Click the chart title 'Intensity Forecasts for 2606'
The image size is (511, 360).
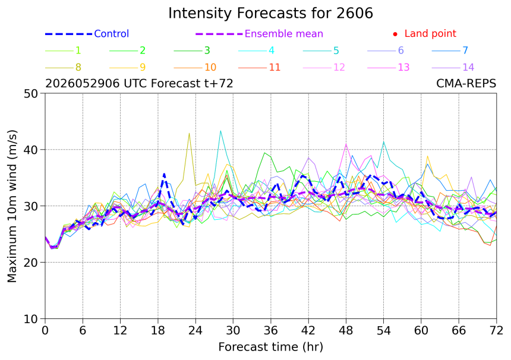(270, 14)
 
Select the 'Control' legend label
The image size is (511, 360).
(112, 33)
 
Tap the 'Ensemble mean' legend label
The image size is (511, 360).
(284, 33)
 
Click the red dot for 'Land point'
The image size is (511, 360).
(395, 34)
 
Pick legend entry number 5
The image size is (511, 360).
(336, 50)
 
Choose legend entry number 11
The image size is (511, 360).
(275, 68)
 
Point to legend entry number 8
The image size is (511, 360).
(78, 68)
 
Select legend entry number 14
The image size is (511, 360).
(468, 68)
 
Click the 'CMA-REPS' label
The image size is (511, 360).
(466, 84)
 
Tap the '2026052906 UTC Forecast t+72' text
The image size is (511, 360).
(139, 84)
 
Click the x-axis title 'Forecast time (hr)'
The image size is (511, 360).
(271, 347)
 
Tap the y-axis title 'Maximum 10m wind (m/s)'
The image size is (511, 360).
(12, 206)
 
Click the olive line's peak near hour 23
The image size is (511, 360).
(189, 133)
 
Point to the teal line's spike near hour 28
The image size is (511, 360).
(220, 131)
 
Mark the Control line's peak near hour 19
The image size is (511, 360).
(164, 174)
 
